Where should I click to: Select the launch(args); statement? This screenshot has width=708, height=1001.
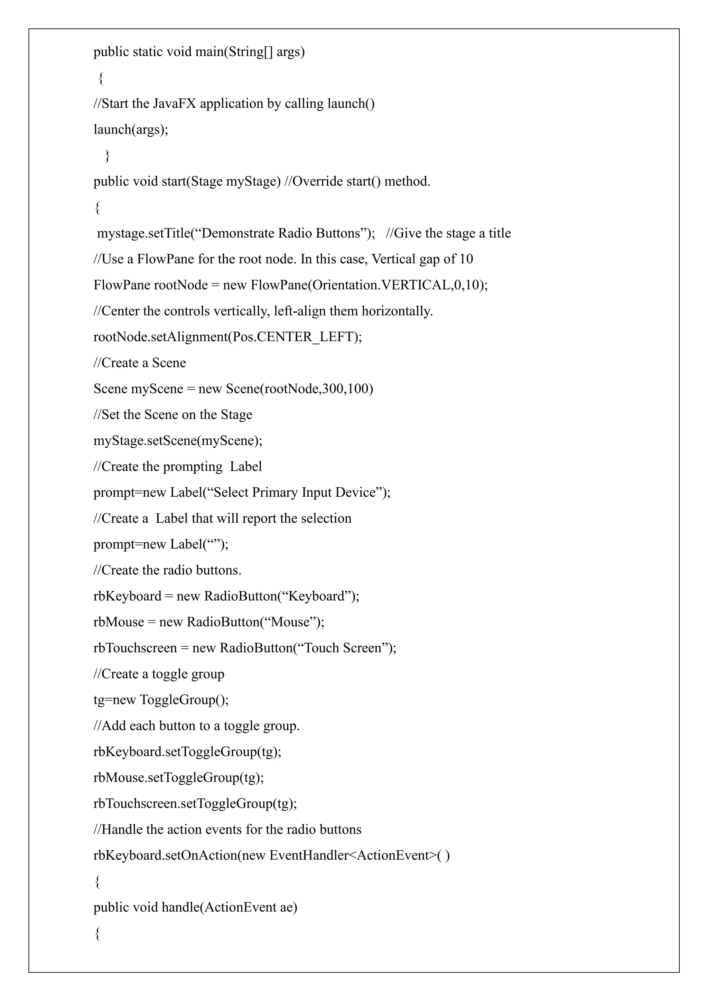(131, 130)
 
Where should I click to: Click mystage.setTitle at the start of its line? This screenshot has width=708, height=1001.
(143, 233)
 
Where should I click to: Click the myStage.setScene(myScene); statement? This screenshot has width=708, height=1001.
(178, 441)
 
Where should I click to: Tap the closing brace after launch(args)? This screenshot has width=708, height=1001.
(107, 156)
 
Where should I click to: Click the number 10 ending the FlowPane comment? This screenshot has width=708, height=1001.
(466, 259)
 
